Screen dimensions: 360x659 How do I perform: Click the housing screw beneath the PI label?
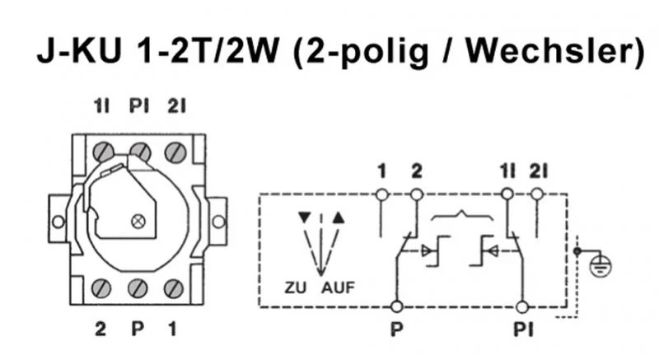tap(141, 152)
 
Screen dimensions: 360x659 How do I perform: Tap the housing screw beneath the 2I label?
tap(174, 152)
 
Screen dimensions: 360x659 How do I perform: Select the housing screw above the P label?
tap(138, 288)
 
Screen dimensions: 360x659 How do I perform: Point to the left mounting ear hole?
tap(58, 222)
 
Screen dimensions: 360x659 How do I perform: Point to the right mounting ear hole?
tap(218, 222)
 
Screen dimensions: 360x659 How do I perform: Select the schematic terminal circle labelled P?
tap(397, 307)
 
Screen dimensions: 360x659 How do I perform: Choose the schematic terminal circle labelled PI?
tap(521, 307)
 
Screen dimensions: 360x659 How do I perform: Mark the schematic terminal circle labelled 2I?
tap(538, 194)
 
